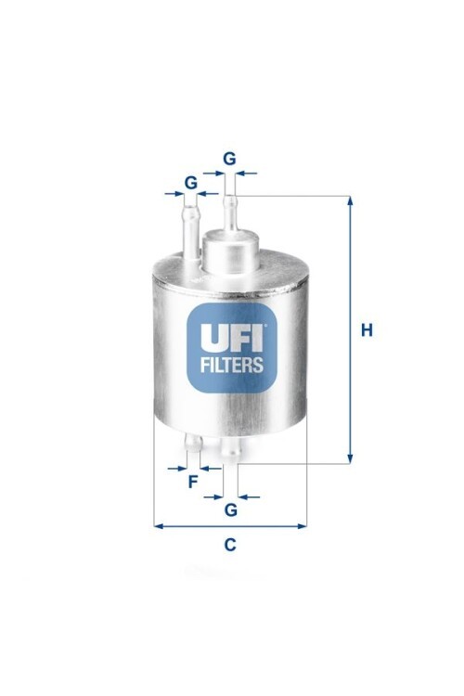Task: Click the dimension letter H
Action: pos(367,330)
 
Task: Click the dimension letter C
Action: pos(229,544)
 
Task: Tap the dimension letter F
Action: pos(193,482)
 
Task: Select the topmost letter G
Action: pos(229,159)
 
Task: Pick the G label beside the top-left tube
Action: pos(191,183)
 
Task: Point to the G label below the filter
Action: pos(231,510)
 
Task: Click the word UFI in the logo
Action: pos(232,336)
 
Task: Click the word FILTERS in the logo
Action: pos(232,365)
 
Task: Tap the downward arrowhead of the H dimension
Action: pos(350,459)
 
